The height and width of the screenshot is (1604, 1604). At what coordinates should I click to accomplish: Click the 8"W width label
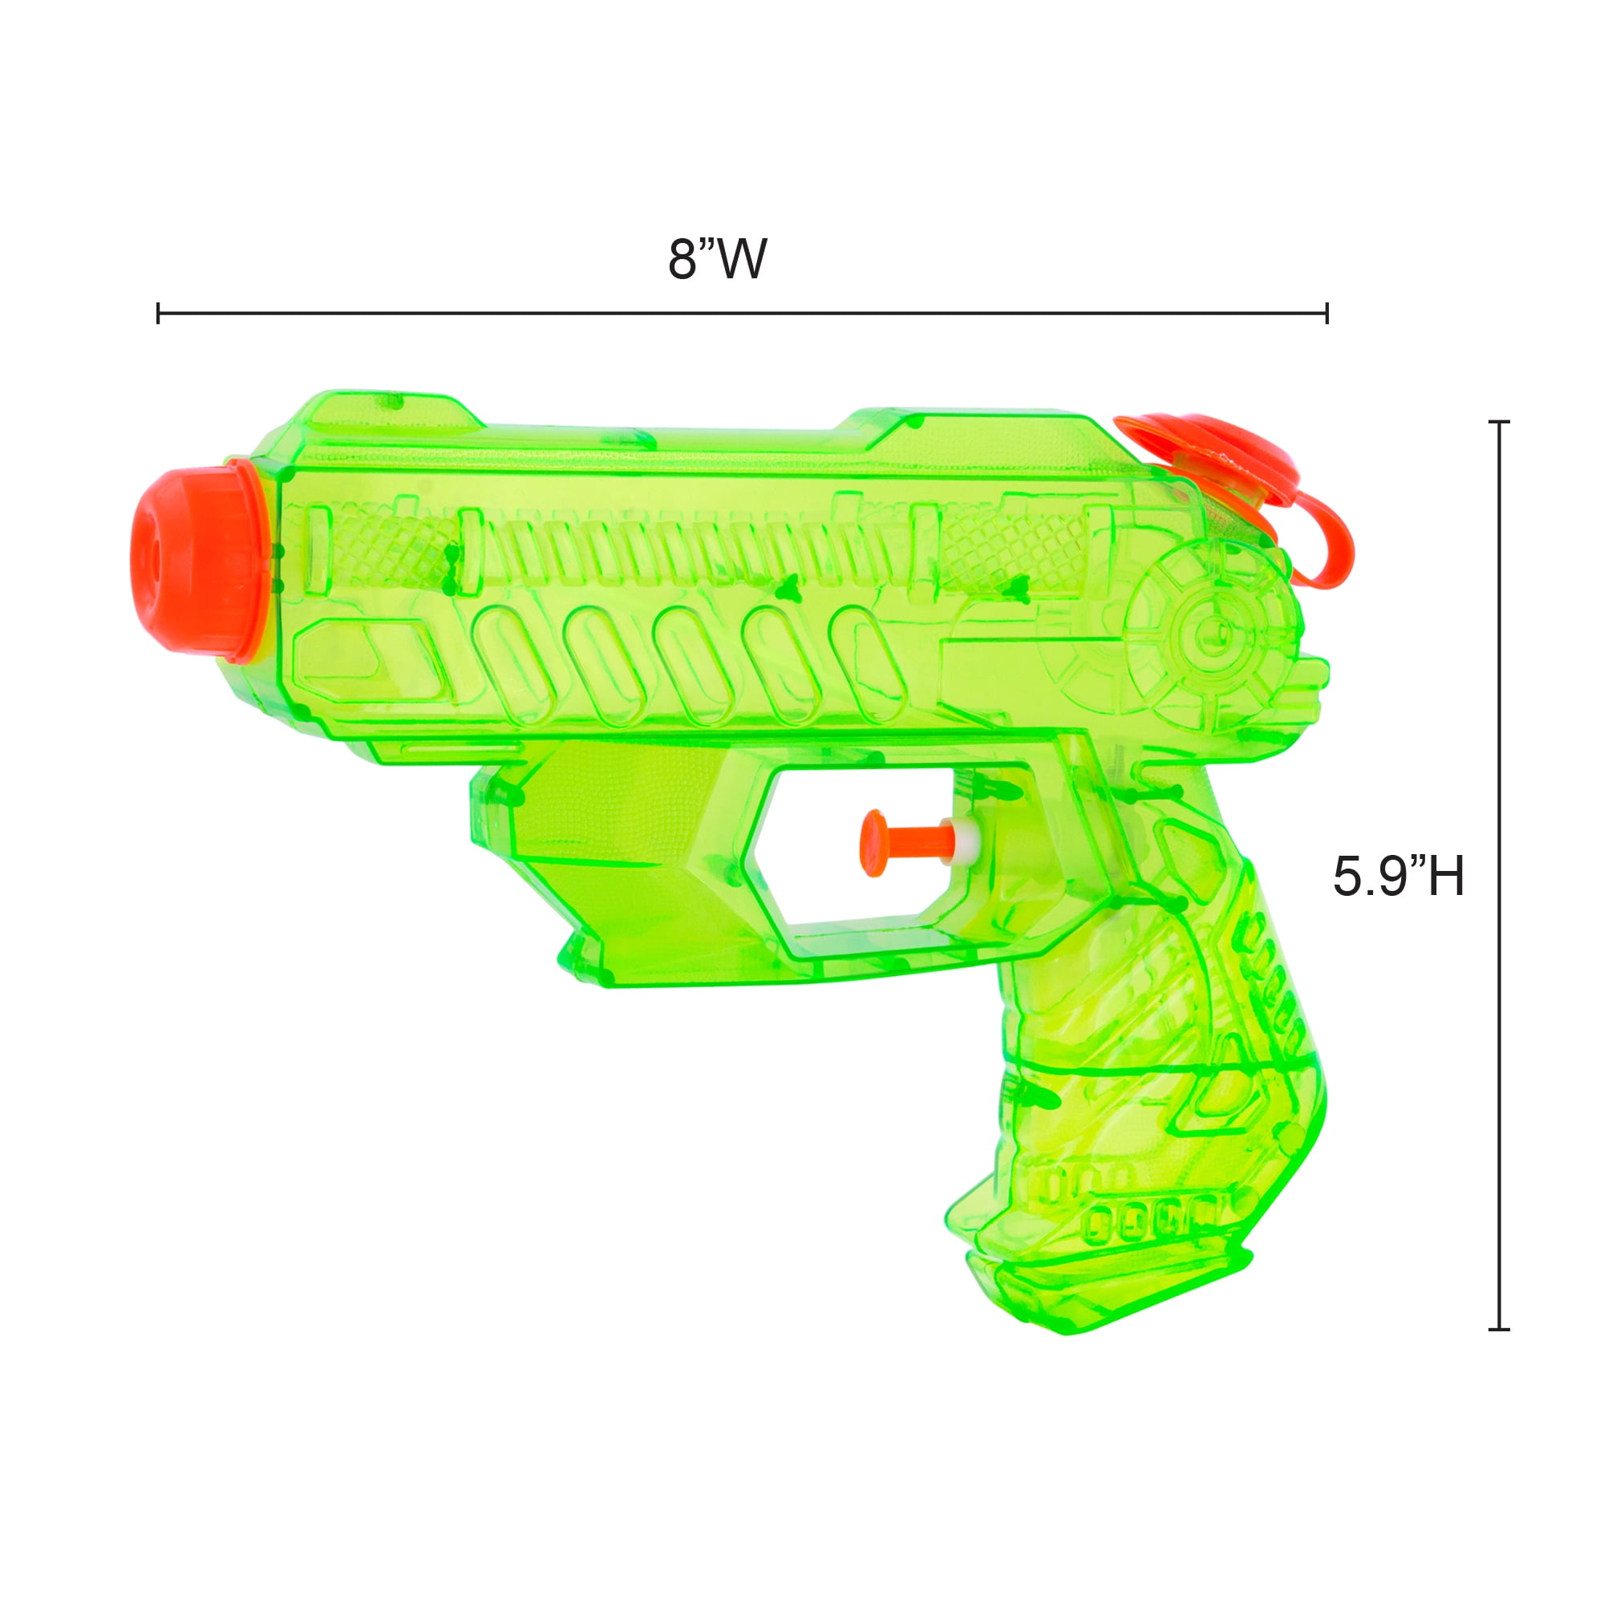click(x=717, y=259)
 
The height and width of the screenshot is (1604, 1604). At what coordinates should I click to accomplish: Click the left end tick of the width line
click(x=159, y=314)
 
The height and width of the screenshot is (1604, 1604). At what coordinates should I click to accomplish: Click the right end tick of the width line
click(x=1327, y=314)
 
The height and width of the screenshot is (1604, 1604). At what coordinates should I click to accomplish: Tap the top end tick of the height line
click(x=1499, y=423)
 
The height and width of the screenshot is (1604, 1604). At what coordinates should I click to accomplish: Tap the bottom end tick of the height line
click(x=1499, y=1328)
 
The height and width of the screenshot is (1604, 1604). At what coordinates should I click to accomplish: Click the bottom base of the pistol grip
click(x=1104, y=1295)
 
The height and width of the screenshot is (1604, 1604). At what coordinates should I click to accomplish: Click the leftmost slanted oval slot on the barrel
click(x=513, y=664)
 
